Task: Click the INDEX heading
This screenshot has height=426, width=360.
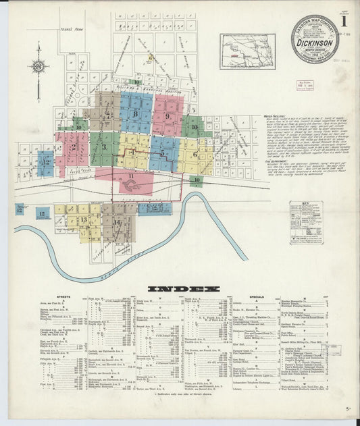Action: point(183,288)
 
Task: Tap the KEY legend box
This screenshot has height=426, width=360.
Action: point(306,222)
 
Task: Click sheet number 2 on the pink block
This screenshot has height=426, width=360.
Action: point(72,147)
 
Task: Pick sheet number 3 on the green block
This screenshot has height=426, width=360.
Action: point(104,147)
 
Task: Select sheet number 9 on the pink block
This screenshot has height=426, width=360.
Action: point(168,115)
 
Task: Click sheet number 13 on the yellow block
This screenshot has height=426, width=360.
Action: point(84,220)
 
